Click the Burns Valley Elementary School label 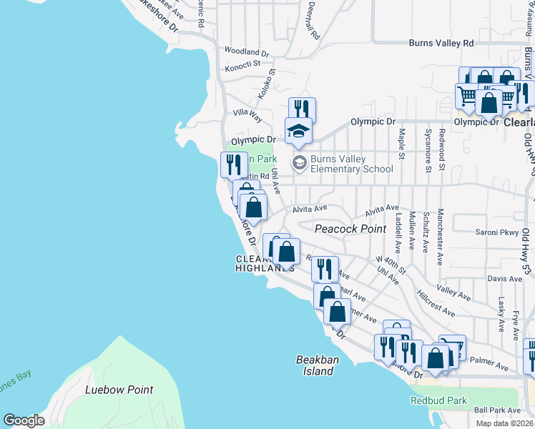click(351, 164)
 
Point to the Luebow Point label click(119, 390)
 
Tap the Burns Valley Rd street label click(441, 43)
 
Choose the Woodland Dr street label click(246, 52)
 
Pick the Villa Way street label click(248, 115)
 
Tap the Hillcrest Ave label click(436, 307)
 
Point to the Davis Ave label click(505, 278)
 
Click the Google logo click(24, 420)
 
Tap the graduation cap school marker click(299, 130)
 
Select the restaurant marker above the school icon click(302, 109)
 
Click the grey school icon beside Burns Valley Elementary click(298, 164)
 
